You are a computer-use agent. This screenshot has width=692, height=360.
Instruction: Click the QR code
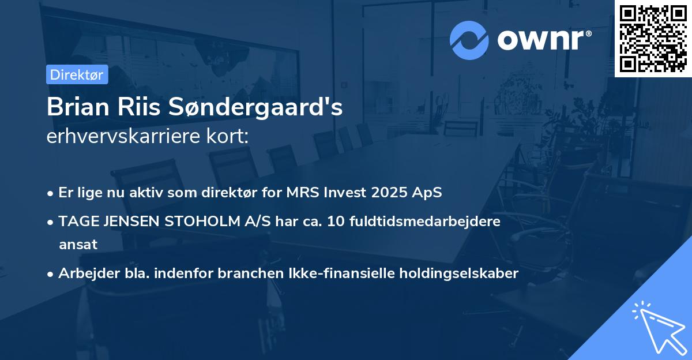point(653,39)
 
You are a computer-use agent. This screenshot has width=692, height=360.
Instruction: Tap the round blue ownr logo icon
point(469,40)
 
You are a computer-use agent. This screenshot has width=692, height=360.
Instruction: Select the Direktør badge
point(77,74)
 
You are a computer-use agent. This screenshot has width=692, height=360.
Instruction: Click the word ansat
point(78,244)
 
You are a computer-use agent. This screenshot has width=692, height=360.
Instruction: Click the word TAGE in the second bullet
point(75,221)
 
